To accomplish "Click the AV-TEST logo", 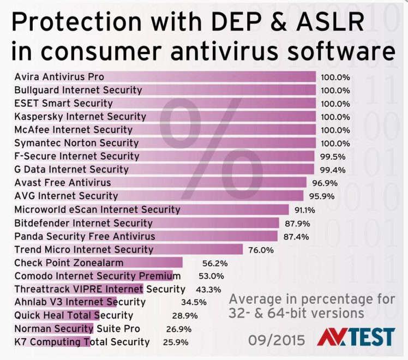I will tap(355, 338).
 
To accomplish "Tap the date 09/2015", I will tap(277, 339).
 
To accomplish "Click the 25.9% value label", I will tap(176, 343).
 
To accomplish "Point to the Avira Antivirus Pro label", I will tap(59, 77).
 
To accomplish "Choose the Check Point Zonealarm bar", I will tap(98, 262).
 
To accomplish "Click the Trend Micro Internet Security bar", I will tap(128, 249).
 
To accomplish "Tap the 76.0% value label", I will tap(260, 250).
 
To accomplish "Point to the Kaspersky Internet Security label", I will tap(80, 117).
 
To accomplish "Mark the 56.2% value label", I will tap(215, 263).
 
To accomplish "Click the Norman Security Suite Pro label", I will tap(77, 329).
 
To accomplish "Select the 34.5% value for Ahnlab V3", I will tap(194, 302).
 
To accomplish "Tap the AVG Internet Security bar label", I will tap(66, 196).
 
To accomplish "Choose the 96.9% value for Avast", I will tap(324, 183).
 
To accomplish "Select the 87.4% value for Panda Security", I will tap(297, 236).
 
